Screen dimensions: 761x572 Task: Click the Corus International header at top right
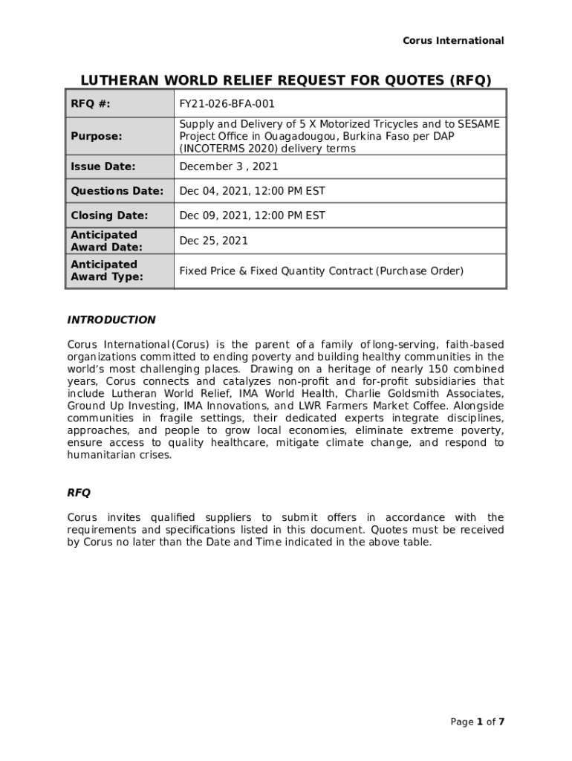[453, 41]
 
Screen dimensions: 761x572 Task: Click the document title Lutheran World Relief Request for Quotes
[286, 81]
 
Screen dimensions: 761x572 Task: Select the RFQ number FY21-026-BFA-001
[227, 104]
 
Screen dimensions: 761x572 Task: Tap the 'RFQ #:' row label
[91, 104]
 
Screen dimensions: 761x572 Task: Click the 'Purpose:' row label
[97, 136]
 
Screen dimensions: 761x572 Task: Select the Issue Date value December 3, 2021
[229, 166]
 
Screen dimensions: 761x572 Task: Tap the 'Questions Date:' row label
[117, 191]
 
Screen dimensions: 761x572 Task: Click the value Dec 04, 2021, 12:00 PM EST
[252, 191]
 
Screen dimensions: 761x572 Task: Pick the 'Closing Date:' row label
[109, 216]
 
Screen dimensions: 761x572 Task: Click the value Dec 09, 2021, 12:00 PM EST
[252, 216]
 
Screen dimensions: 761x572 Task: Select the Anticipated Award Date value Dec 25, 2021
[214, 241]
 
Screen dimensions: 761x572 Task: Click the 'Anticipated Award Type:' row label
[107, 271]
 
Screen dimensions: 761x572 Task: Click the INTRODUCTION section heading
[111, 320]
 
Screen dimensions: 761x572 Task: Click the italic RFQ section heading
[79, 493]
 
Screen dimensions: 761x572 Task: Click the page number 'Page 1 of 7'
[478, 722]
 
